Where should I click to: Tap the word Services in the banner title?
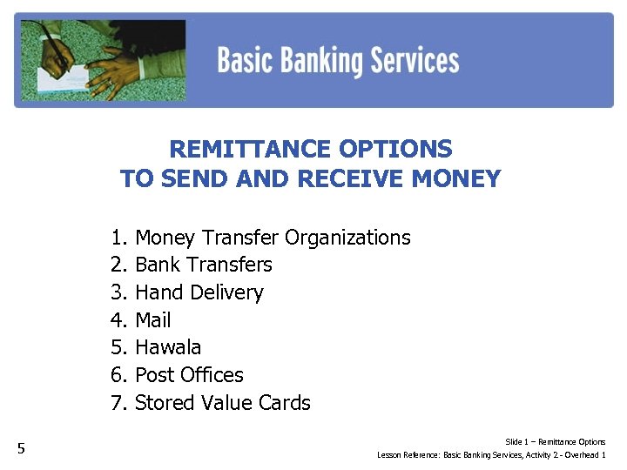415,61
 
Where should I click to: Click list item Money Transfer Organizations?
273,238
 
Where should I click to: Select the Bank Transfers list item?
204,265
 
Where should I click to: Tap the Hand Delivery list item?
199,292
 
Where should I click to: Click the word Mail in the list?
153,320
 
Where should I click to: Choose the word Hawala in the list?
168,347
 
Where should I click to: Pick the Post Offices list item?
190,375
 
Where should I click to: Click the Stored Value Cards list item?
223,403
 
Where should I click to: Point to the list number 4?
118,320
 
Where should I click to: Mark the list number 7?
118,403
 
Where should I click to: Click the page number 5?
22,449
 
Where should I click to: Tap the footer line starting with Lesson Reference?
491,455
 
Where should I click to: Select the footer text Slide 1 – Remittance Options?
555,442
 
